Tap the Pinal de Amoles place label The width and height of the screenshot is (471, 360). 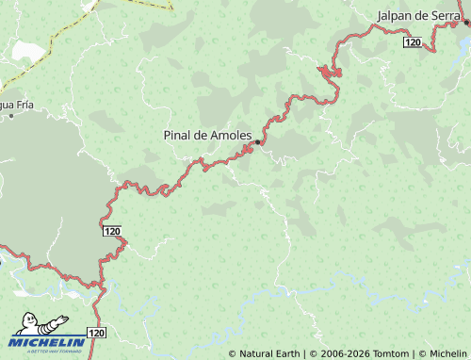click(x=207, y=136)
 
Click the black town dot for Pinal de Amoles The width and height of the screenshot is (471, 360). click(x=257, y=142)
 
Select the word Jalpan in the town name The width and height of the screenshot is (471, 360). click(x=394, y=16)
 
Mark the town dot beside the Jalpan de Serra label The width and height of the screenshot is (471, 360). click(x=466, y=23)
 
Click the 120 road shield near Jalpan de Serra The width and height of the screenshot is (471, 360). click(x=412, y=42)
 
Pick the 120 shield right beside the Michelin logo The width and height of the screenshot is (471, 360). click(x=97, y=333)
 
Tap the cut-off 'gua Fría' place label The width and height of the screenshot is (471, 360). click(x=15, y=104)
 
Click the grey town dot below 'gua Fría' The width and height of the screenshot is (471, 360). click(x=11, y=115)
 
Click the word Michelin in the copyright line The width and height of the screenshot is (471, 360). click(x=447, y=353)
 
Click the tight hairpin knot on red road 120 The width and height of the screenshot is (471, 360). click(x=330, y=72)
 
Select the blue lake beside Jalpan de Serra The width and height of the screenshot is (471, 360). click(x=463, y=41)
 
